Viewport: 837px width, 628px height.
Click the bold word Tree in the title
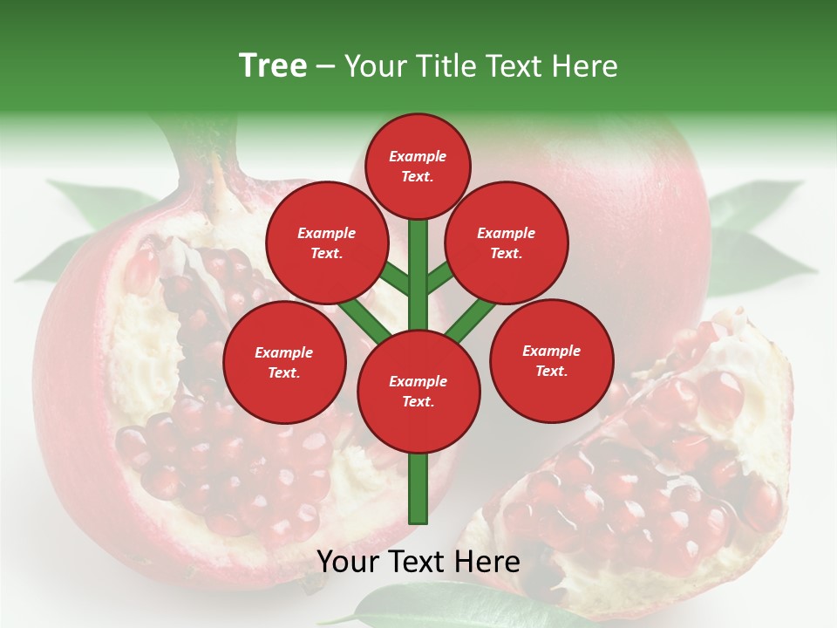pyautogui.click(x=273, y=65)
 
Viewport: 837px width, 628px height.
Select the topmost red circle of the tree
pyautogui.click(x=418, y=166)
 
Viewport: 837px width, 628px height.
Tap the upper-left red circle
pyautogui.click(x=327, y=242)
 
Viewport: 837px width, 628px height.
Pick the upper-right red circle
pyautogui.click(x=507, y=242)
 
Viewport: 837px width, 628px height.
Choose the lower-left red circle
pyautogui.click(x=284, y=362)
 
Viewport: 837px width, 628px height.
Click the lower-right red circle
pyautogui.click(x=552, y=360)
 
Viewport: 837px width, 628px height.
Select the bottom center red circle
pyautogui.click(x=418, y=391)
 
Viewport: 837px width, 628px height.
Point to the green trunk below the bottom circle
pyautogui.click(x=418, y=488)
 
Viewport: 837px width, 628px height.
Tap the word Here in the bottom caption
pyautogui.click(x=488, y=562)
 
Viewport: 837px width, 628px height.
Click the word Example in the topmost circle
pyautogui.click(x=418, y=156)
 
